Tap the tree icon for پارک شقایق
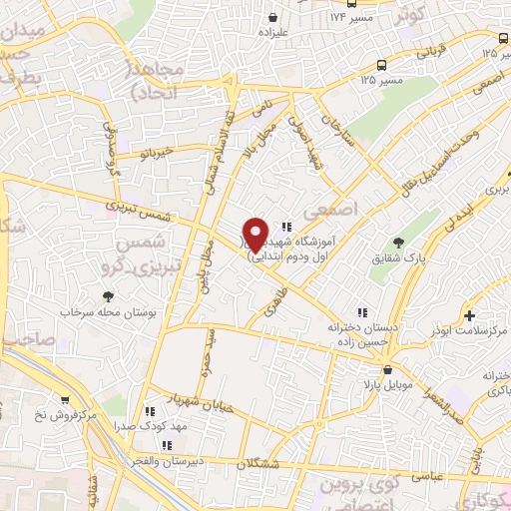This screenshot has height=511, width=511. click(399, 243)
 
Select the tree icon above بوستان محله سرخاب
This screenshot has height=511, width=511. click(108, 295)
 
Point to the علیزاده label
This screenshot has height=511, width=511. click(271, 33)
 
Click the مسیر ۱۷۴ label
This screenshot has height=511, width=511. click(354, 18)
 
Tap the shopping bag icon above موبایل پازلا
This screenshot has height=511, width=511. click(371, 369)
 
